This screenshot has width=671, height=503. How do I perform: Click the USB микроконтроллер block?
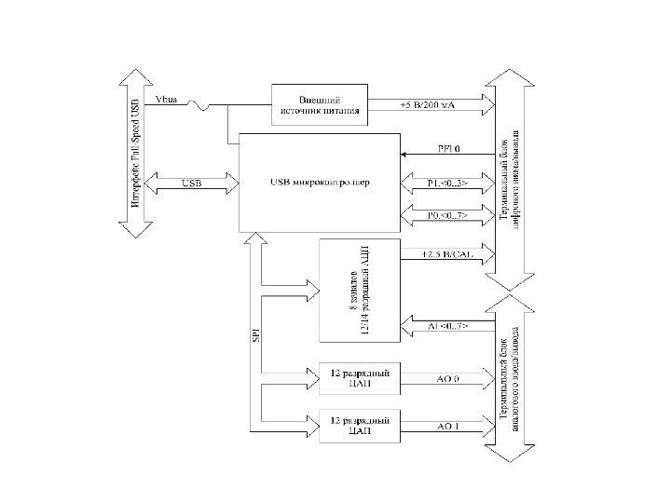coord(318,183)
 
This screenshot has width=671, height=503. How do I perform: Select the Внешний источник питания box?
coord(320,104)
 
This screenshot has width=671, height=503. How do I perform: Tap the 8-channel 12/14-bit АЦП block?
coord(359,291)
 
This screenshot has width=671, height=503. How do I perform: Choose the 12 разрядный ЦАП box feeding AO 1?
coord(359,426)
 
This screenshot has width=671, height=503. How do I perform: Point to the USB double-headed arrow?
coord(190,182)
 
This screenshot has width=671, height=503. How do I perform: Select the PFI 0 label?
coord(449,148)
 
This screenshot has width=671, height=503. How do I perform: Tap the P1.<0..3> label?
coord(448,183)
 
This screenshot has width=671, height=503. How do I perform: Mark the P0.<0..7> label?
coord(447,215)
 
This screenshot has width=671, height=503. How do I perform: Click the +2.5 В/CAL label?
coord(445,253)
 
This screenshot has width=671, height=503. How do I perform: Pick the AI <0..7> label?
coord(447,326)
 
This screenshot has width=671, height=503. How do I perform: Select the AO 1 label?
coord(449,427)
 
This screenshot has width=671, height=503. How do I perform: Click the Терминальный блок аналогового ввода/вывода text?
coord(512,377)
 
